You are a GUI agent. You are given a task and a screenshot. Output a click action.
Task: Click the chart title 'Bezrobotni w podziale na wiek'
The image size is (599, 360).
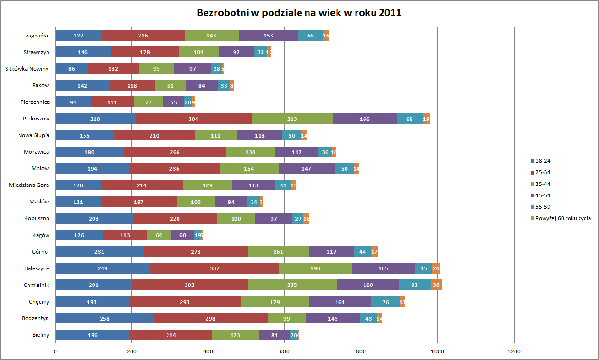pyautogui.click(x=299, y=13)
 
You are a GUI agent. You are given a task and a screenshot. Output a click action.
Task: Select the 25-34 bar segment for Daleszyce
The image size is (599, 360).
pyautogui.click(x=215, y=268)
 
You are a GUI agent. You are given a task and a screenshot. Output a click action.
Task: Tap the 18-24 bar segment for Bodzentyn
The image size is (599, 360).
pyautogui.click(x=104, y=318)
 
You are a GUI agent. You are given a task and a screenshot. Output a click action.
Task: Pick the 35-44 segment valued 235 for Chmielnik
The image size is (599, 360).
pyautogui.click(x=292, y=285)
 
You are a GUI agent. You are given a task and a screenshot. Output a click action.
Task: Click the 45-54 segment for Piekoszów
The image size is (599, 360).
pyautogui.click(x=365, y=119)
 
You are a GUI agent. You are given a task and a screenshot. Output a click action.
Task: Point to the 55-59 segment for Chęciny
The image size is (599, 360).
pyautogui.click(x=385, y=302)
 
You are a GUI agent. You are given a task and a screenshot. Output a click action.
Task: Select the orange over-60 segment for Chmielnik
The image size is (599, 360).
pyautogui.click(x=436, y=285)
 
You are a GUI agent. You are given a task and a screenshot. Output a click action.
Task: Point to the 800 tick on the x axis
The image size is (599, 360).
pyautogui.click(x=361, y=352)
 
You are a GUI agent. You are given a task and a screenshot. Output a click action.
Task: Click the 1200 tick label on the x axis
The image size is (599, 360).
pyautogui.click(x=514, y=352)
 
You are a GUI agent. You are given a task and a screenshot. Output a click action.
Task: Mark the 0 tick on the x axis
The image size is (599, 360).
pyautogui.click(x=55, y=352)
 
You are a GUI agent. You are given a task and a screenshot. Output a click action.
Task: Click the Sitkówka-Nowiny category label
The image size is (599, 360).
pyautogui.click(x=27, y=69)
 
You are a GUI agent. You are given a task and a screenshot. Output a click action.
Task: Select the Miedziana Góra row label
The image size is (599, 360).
pyautogui.click(x=29, y=185)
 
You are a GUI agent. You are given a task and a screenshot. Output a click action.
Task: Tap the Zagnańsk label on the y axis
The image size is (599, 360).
pyautogui.click(x=37, y=36)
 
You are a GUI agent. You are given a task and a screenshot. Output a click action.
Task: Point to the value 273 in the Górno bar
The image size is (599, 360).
pyautogui.click(x=196, y=252)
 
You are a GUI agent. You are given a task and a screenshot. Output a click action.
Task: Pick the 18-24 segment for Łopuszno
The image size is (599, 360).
pyautogui.click(x=94, y=219)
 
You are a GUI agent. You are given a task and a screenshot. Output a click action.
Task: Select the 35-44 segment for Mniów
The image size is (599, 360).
pyautogui.click(x=249, y=168)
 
